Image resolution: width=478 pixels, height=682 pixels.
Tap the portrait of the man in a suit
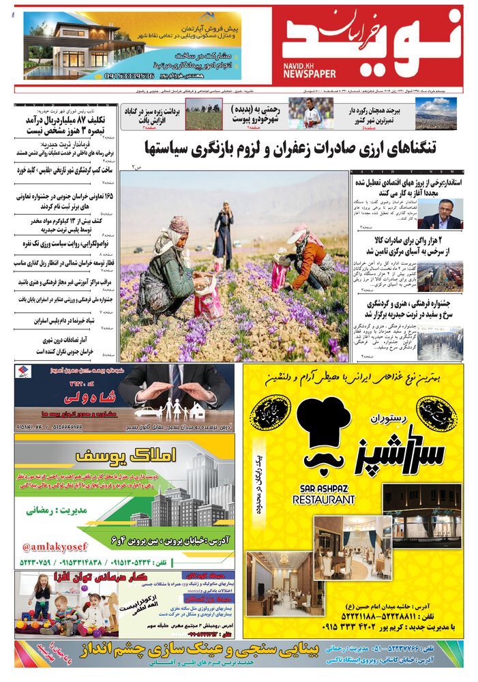pyautogui.click(x=440, y=213)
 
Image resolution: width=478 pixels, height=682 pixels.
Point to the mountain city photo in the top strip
pyautogui.click(x=436, y=113)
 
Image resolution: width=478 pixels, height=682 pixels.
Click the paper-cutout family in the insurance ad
pyautogui.click(x=167, y=410)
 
